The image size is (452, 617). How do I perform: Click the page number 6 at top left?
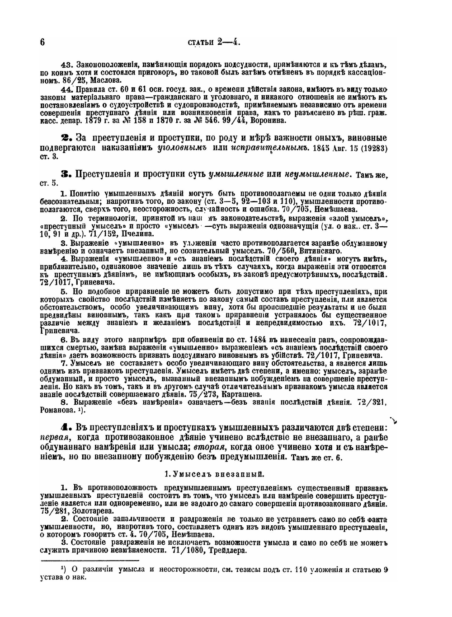pyautogui.click(x=42, y=42)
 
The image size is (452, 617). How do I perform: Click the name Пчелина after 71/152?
pyautogui.click(x=137, y=233)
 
